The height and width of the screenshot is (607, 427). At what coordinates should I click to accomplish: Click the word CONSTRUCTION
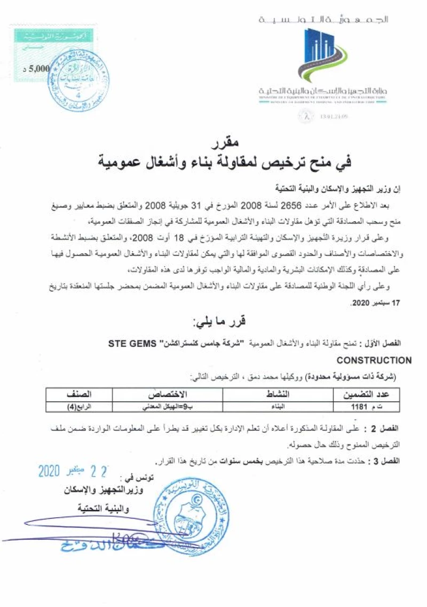click(x=374, y=361)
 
